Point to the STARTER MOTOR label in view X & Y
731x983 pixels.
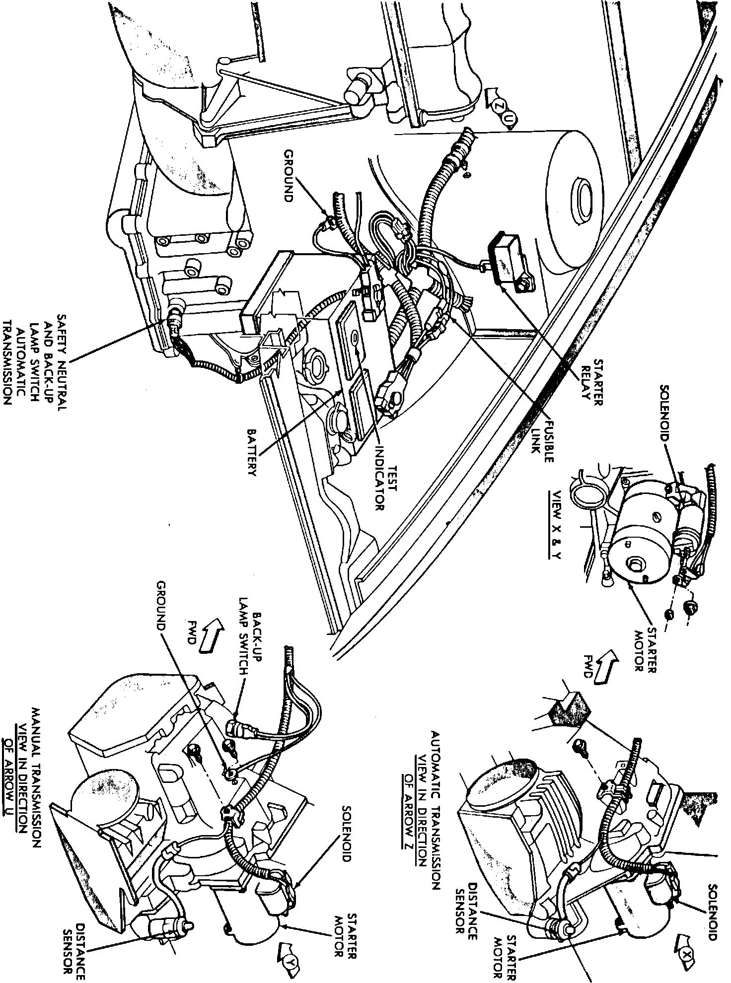click(645, 650)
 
